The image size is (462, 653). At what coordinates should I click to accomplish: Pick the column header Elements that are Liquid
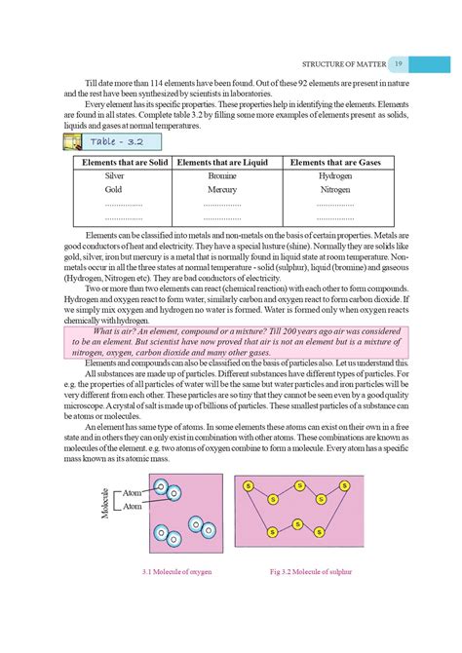pos(221,163)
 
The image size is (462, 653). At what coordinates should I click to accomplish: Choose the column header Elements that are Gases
pos(335,163)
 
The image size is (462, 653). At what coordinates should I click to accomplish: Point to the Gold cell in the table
pos(114,190)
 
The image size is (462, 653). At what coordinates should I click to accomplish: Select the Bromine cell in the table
pos(222,176)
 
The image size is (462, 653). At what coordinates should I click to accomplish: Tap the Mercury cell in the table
pos(222,190)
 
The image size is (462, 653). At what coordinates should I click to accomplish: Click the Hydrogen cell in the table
pos(335,176)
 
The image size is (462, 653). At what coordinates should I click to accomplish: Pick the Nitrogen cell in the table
pos(335,190)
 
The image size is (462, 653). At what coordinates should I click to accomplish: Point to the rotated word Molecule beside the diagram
pos(104,503)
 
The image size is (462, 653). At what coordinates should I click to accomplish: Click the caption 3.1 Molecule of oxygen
pos(176,570)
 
